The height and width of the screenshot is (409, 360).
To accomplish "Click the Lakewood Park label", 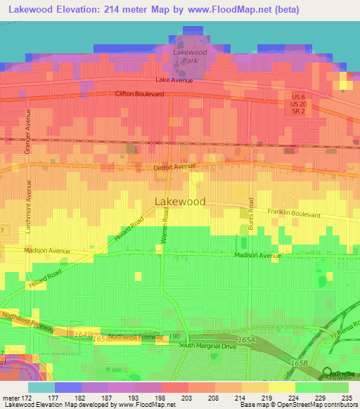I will pyautogui.click(x=190, y=56).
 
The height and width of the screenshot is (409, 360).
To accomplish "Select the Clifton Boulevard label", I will pyautogui.click(x=144, y=93).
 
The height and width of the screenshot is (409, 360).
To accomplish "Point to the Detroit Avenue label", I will pyautogui.click(x=174, y=167).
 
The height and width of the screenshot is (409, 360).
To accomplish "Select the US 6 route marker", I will pyautogui.click(x=299, y=96).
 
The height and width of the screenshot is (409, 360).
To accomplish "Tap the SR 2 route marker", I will pyautogui.click(x=299, y=112).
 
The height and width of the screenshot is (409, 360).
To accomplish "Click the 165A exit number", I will pyautogui.click(x=246, y=339).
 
